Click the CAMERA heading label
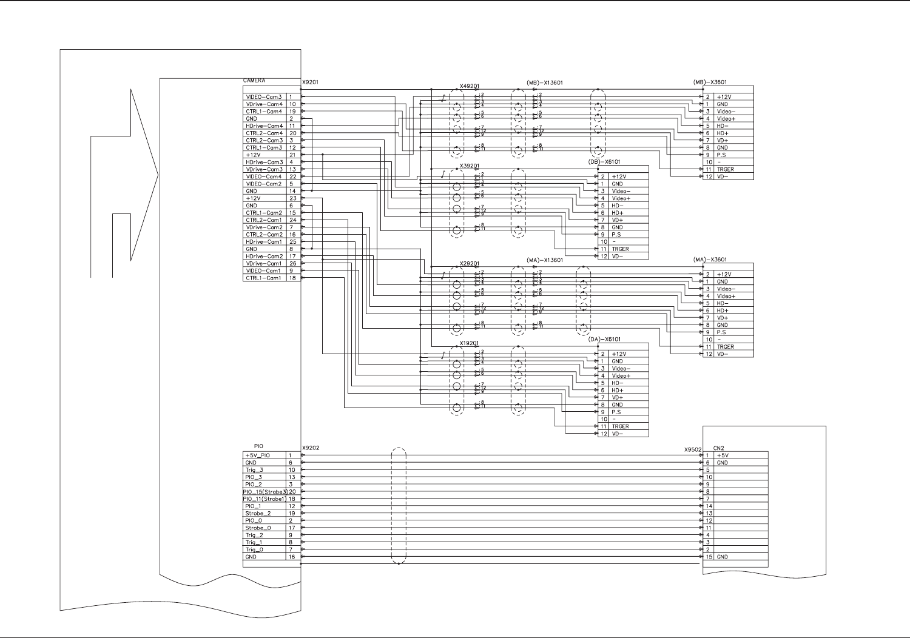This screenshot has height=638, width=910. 255,81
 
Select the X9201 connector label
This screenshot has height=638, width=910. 310,81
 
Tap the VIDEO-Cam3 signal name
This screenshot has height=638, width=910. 263,97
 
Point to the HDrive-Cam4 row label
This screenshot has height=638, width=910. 264,126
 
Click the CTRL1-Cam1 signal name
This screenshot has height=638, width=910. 263,278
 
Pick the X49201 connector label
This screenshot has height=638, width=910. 470,86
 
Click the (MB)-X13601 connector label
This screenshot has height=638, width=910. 545,82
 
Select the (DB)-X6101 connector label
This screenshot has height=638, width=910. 604,162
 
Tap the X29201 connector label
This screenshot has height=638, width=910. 470,264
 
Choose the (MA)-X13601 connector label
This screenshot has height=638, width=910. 545,260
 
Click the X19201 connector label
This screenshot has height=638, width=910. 470,343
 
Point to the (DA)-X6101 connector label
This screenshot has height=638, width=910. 604,340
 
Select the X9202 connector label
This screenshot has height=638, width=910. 310,448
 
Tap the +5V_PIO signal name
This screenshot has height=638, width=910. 257,455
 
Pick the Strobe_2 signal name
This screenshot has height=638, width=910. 258,514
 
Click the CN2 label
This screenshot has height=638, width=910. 719,448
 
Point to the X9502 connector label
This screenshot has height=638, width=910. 693,450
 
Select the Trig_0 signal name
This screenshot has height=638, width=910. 254,549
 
